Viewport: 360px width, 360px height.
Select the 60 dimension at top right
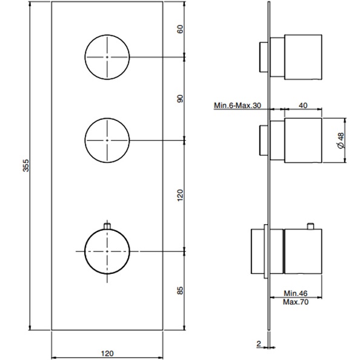(179, 30)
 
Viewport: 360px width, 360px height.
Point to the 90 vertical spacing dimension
(179, 99)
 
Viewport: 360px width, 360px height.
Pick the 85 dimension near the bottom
(179, 290)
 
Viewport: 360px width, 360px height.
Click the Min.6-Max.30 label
(237, 105)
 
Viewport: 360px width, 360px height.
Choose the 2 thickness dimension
(259, 344)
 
